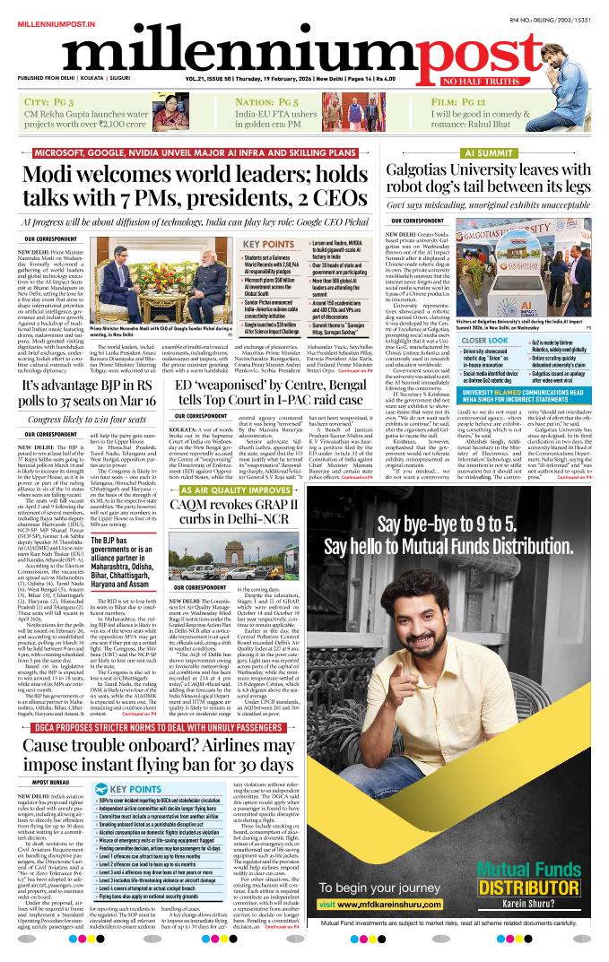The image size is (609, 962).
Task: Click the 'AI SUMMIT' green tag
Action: pyautogui.click(x=507, y=153)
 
